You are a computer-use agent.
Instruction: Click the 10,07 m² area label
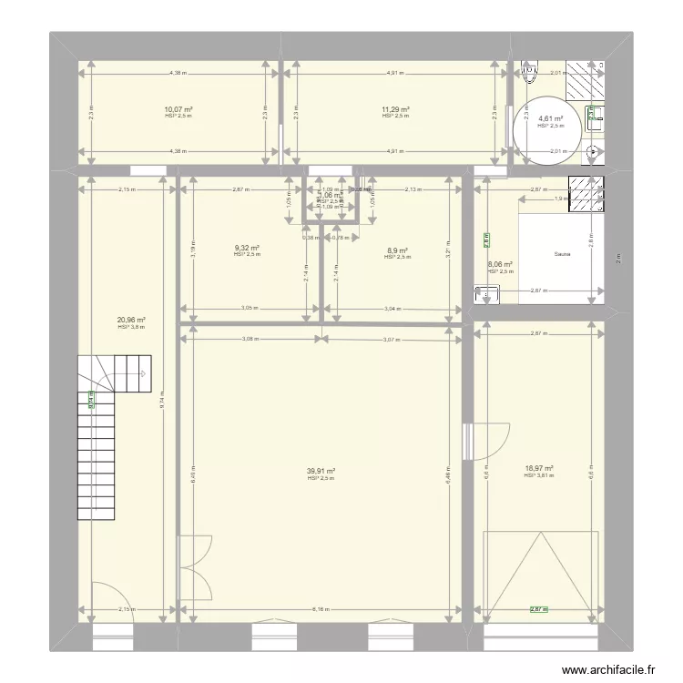(x=178, y=109)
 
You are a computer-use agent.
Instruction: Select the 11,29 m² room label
(x=395, y=109)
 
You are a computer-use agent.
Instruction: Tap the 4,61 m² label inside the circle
(x=550, y=119)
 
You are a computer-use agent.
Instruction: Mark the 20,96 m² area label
(x=131, y=320)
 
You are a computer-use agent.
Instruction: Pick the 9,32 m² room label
(x=247, y=249)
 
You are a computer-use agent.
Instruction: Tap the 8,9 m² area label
(x=396, y=250)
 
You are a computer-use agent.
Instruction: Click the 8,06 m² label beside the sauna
(x=501, y=264)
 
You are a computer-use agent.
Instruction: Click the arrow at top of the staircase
(x=142, y=372)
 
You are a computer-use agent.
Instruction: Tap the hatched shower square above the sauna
(x=586, y=194)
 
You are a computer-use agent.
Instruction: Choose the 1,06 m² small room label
(x=329, y=195)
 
